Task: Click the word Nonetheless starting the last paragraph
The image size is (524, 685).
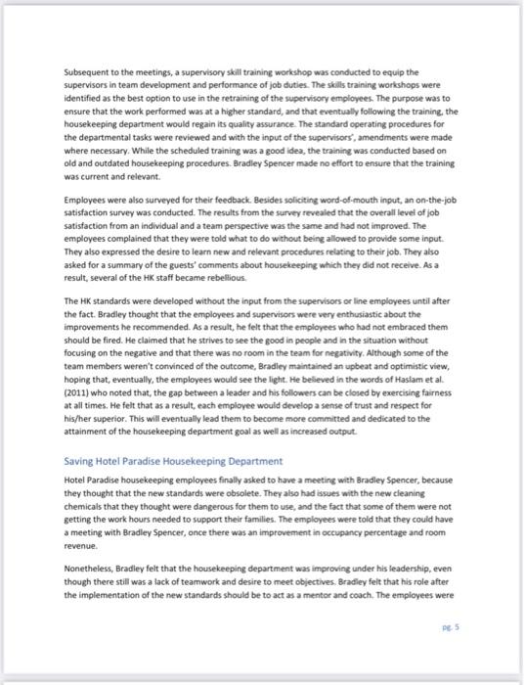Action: pyautogui.click(x=91, y=570)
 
